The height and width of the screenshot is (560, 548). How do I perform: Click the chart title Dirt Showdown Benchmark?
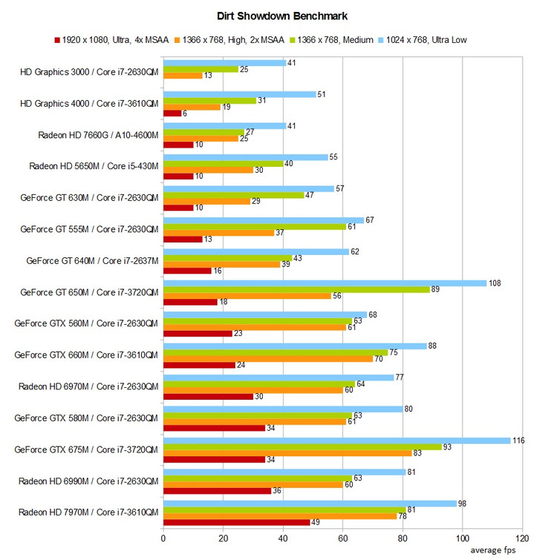pos(274,15)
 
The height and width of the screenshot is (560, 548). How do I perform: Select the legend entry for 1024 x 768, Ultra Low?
pos(425,39)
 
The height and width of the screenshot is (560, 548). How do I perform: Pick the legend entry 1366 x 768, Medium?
pos(333,39)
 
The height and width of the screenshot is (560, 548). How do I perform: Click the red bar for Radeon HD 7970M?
pos(236,522)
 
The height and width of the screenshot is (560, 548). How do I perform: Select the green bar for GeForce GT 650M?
pos(296,289)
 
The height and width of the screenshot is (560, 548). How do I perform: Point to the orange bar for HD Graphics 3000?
pos(183,76)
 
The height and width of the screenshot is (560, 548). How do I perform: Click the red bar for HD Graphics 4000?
pos(172,113)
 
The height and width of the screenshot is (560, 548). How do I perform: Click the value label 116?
pos(518,441)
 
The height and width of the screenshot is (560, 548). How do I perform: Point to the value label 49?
pos(316,522)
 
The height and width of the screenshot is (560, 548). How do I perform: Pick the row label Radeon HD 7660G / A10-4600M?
pos(98,136)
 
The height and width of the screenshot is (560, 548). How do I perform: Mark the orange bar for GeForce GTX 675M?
pos(287,452)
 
